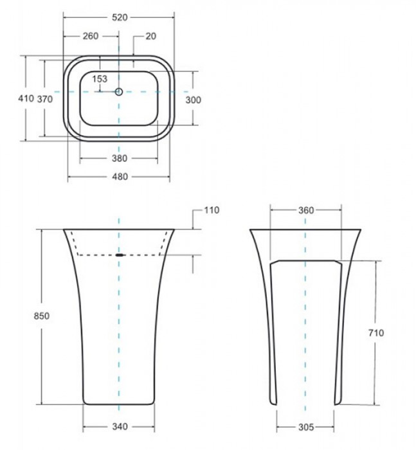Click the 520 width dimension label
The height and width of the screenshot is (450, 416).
(120, 17)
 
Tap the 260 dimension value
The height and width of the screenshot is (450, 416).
(91, 36)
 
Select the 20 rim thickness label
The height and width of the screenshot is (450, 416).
(151, 36)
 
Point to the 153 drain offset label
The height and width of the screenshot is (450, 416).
(100, 78)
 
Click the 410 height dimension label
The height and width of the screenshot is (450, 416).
(26, 98)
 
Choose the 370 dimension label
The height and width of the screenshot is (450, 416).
(45, 99)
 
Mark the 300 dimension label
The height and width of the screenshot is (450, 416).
(194, 100)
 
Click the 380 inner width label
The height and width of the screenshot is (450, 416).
(119, 158)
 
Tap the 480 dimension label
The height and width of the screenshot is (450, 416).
(120, 177)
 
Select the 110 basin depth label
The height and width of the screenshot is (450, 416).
(212, 210)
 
